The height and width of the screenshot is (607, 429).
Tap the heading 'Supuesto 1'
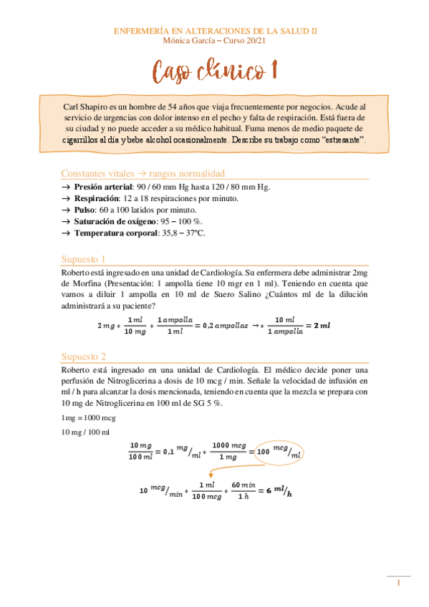(83, 258)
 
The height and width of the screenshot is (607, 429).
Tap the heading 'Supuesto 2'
(83, 356)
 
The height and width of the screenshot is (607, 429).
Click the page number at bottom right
(398, 584)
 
